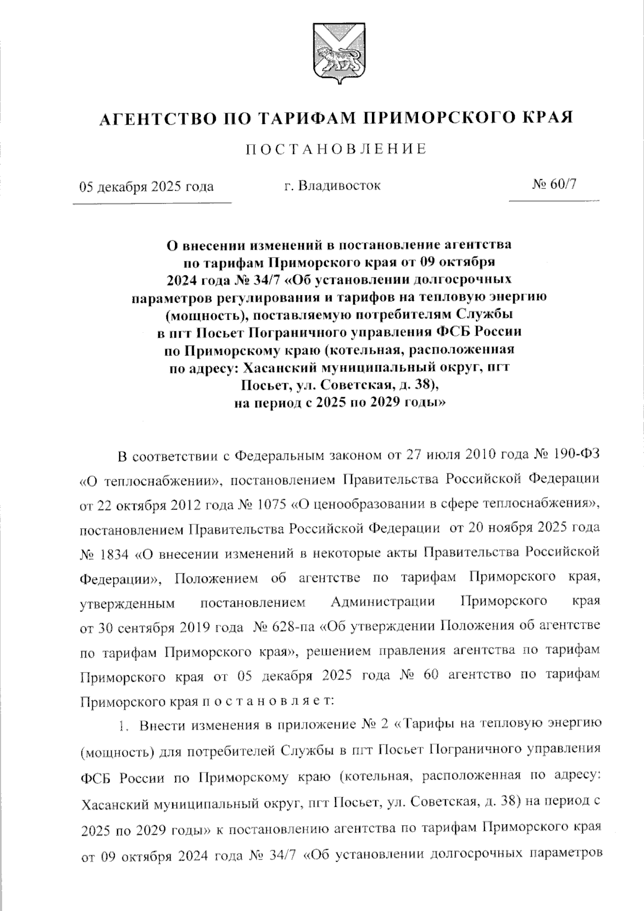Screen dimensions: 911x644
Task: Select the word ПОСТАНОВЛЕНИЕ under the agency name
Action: (336, 149)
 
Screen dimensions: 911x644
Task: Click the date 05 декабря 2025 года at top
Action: (147, 186)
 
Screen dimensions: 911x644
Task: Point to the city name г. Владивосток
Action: (333, 186)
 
